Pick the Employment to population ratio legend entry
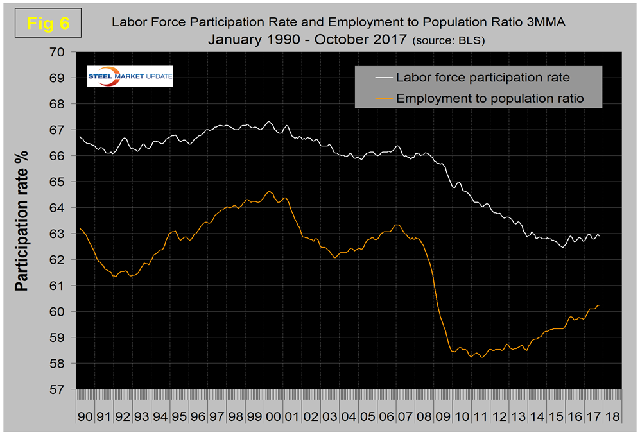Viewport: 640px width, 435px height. click(x=489, y=98)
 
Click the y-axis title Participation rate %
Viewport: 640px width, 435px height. click(x=22, y=221)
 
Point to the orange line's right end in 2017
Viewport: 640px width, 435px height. click(x=599, y=305)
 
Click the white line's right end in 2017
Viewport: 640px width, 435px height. click(x=599, y=235)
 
